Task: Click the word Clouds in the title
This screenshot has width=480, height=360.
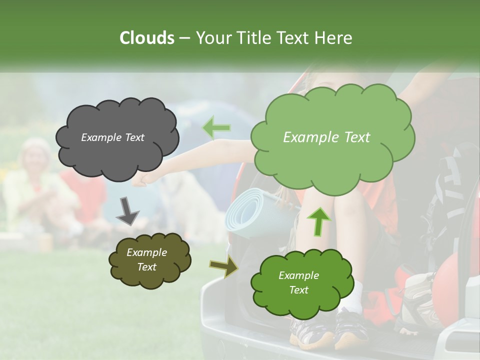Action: (146, 38)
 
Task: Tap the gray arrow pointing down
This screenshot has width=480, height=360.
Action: (128, 212)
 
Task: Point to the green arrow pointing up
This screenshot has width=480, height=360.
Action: (318, 221)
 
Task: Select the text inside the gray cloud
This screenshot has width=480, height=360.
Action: (112, 137)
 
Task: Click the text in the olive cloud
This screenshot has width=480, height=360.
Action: (146, 259)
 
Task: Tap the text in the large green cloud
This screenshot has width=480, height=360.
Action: (326, 137)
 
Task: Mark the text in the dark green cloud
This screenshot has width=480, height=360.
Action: (298, 282)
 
